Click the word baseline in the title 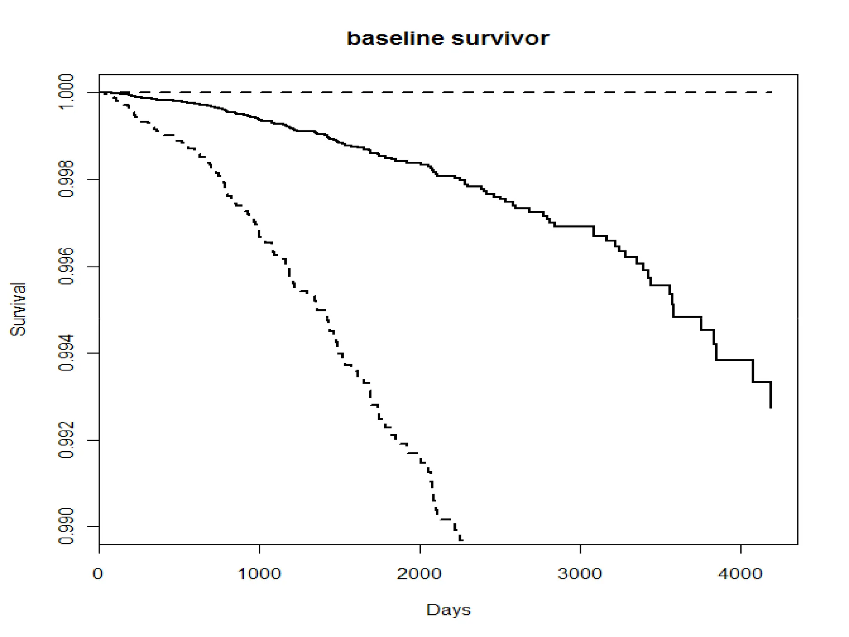[395, 39]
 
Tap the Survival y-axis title [18, 309]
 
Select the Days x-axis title [448, 610]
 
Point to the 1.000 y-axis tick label [66, 92]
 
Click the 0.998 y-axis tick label [66, 179]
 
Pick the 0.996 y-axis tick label [66, 266]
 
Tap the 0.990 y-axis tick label [66, 527]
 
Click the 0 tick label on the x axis [98, 574]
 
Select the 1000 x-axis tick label [259, 574]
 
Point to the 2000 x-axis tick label [420, 574]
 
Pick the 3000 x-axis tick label [580, 574]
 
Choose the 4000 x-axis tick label [740, 574]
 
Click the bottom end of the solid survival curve [770, 408]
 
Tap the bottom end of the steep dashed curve [461, 540]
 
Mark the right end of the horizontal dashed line [771, 92]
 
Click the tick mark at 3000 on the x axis [580, 548]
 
